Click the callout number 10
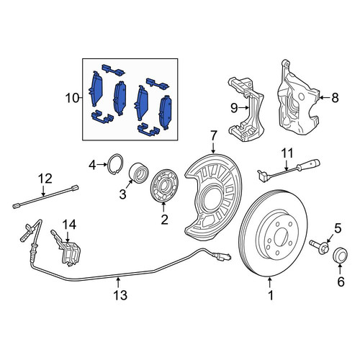[x=72, y=98]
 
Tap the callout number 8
[x=335, y=98]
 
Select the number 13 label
[x=120, y=295]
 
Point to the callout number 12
[x=45, y=179]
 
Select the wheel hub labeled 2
[x=164, y=185]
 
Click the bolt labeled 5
[x=320, y=248]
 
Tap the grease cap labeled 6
[x=341, y=256]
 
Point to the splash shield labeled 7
[x=213, y=197]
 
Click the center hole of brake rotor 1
[x=281, y=237]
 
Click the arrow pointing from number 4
[x=102, y=165]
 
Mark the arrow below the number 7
[x=214, y=148]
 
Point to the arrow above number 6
[x=341, y=269]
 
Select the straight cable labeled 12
[x=45, y=197]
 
